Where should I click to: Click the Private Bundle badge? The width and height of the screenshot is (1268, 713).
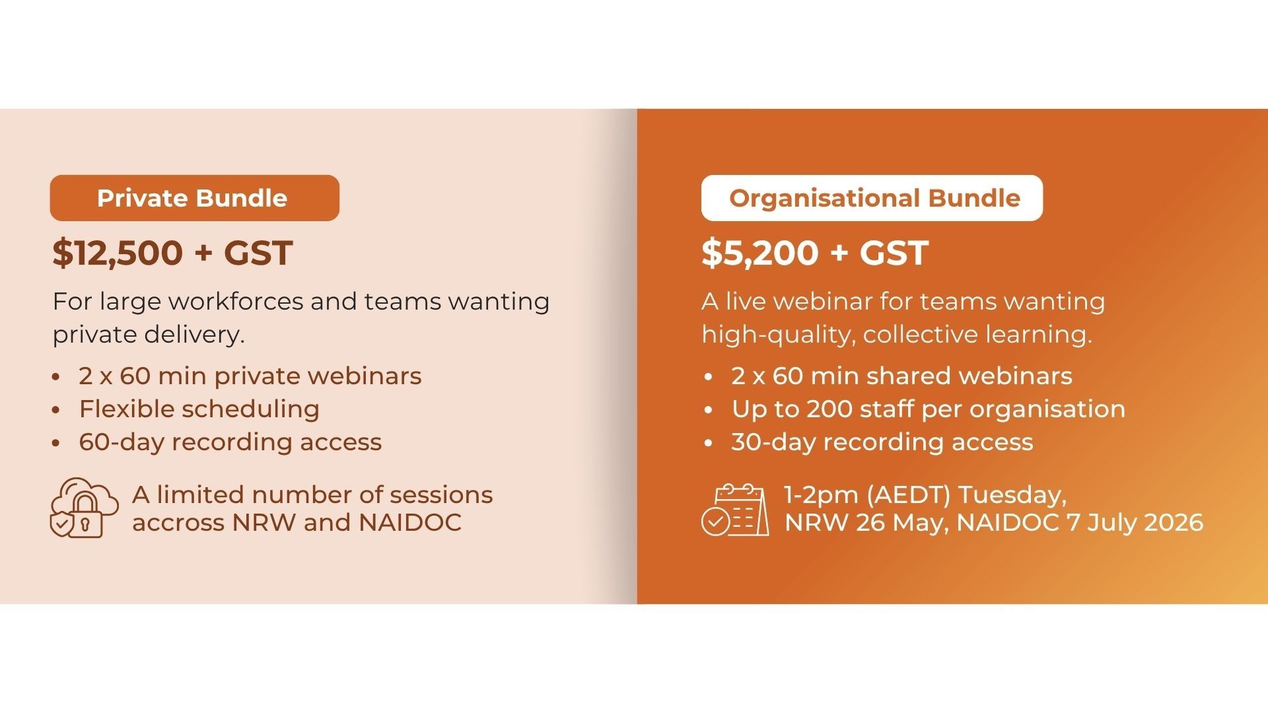(x=194, y=198)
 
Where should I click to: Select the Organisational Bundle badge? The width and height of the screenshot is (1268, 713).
(x=872, y=198)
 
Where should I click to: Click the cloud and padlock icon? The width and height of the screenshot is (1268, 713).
(x=85, y=507)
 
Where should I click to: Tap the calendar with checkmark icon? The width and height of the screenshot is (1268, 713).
(x=735, y=509)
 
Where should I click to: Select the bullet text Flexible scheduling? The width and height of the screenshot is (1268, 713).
(x=199, y=409)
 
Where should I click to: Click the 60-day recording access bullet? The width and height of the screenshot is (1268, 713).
(x=230, y=442)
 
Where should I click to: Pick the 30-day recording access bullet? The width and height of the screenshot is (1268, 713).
(x=882, y=442)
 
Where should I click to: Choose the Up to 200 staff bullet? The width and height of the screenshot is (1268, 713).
(x=928, y=409)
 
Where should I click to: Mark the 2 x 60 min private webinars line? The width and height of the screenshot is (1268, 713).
(x=250, y=376)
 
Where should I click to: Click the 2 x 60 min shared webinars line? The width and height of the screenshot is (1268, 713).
(x=901, y=376)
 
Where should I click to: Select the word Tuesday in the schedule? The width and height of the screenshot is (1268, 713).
(x=1012, y=495)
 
